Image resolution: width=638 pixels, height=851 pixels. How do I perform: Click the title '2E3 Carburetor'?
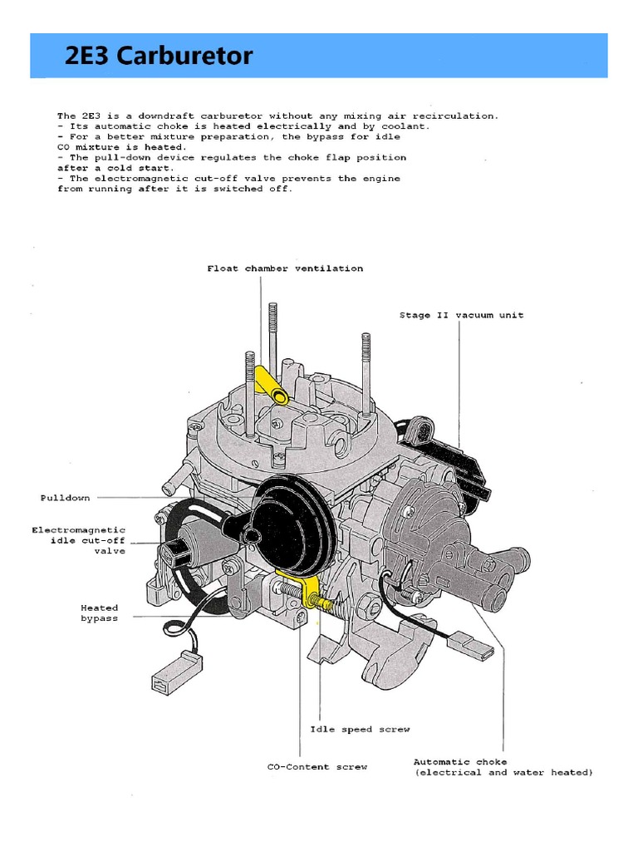159,57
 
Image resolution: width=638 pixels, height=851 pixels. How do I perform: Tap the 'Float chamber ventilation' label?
285,268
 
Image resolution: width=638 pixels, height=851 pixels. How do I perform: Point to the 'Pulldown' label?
65,498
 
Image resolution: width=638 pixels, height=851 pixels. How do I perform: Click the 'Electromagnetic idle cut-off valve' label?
80,540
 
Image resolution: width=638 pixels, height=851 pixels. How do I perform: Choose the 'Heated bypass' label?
99,613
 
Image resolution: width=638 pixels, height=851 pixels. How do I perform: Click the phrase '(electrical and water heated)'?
503,773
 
